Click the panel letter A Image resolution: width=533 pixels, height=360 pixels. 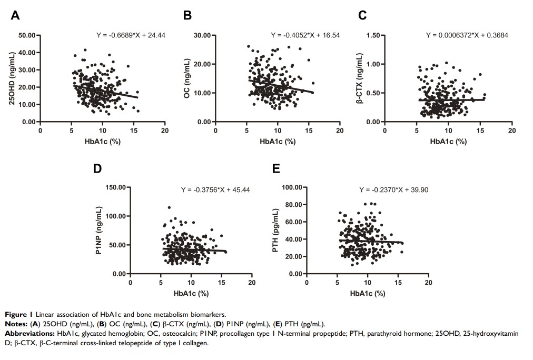click(16, 15)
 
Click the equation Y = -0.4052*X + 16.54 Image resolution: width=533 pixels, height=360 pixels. click(305, 35)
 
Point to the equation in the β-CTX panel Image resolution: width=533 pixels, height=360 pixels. click(467, 35)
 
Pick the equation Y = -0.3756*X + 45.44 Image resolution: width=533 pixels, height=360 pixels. click(216, 188)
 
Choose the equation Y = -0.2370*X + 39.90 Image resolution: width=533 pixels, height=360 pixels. click(392, 188)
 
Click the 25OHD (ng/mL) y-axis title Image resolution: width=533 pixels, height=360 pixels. click(11, 78)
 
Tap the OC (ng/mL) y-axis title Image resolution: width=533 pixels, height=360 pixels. click(187, 79)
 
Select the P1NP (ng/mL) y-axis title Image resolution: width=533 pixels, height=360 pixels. click(98, 231)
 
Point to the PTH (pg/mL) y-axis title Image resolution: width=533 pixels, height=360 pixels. click(275, 231)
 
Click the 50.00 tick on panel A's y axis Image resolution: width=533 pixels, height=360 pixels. click(26, 35)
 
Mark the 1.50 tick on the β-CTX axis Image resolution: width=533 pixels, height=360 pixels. click(372, 35)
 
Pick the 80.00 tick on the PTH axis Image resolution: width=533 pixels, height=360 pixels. click(293, 204)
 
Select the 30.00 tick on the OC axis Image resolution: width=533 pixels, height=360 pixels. click(202, 35)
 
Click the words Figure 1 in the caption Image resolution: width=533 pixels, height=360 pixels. click(24, 314)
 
